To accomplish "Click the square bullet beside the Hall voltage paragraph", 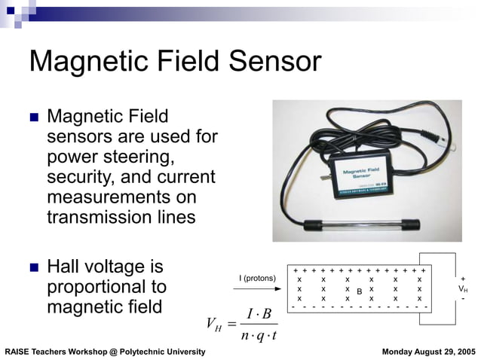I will pos(33,268).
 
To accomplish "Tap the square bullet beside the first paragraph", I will pos(33,118).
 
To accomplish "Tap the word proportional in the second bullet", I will pos(106,288).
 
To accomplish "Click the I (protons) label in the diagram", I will pos(258,279).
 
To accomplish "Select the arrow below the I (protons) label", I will pos(258,289).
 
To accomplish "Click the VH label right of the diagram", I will pos(463,288).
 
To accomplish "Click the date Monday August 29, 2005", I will pos(428,352).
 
